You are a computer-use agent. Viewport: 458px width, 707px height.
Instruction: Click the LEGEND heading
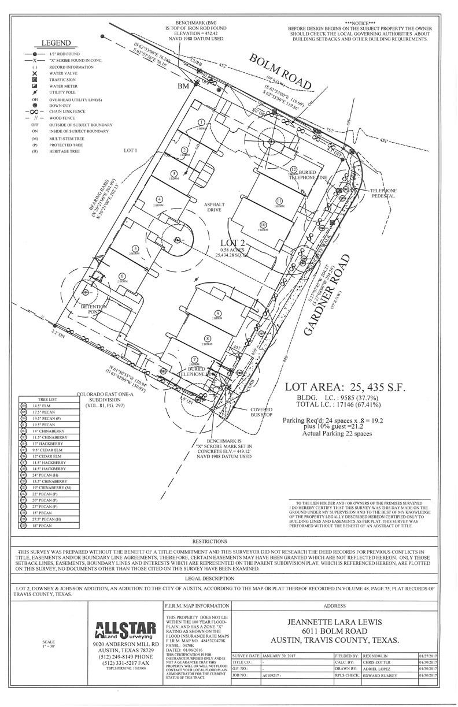point(56,43)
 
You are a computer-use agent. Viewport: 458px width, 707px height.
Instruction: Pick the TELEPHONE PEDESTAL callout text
point(383,193)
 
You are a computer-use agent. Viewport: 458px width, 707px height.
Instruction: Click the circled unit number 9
point(210,312)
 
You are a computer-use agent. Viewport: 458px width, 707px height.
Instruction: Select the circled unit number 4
point(160,199)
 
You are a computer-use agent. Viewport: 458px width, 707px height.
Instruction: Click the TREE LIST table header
point(47,399)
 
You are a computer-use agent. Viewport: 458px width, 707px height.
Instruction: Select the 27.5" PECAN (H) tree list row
point(48,519)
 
